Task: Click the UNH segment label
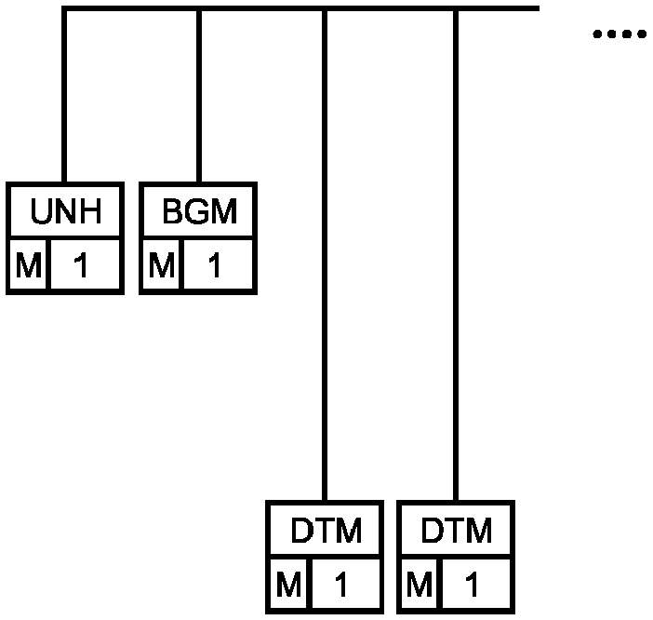coord(66,211)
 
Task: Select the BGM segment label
coord(199,211)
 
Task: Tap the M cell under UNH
coord(28,265)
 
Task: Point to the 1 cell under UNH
coord(81,265)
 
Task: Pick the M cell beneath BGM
coord(162,265)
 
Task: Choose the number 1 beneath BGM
coord(214,265)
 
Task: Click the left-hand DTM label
coord(326,530)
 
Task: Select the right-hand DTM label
coord(457,530)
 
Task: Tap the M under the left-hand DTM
coord(288,585)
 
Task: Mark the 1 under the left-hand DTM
coord(341,585)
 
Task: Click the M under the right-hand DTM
coord(420,585)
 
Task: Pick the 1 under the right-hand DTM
coord(472,585)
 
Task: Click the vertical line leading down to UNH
coord(64,96)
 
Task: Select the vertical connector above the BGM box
coord(199,96)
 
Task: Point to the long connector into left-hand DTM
coord(325,255)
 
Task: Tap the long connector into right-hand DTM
coord(456,255)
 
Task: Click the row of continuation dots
coord(620,34)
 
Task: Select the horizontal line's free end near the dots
coord(539,8)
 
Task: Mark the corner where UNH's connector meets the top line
coord(64,8)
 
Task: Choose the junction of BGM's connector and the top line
coord(199,8)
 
